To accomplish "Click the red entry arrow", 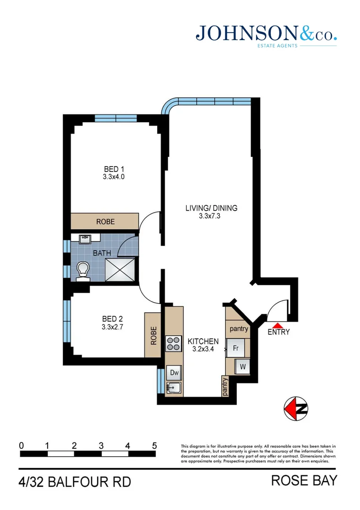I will [278, 325].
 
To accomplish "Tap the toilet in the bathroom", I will [84, 271].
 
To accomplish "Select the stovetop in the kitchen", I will [174, 343].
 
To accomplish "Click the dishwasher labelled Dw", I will [174, 373].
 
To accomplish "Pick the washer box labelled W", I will [243, 366].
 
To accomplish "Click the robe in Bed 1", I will [105, 221].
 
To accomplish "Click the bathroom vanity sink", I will [85, 239].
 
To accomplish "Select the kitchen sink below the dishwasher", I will [174, 388].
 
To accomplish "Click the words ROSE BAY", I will [304, 481].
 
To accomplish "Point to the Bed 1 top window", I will [116, 118].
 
